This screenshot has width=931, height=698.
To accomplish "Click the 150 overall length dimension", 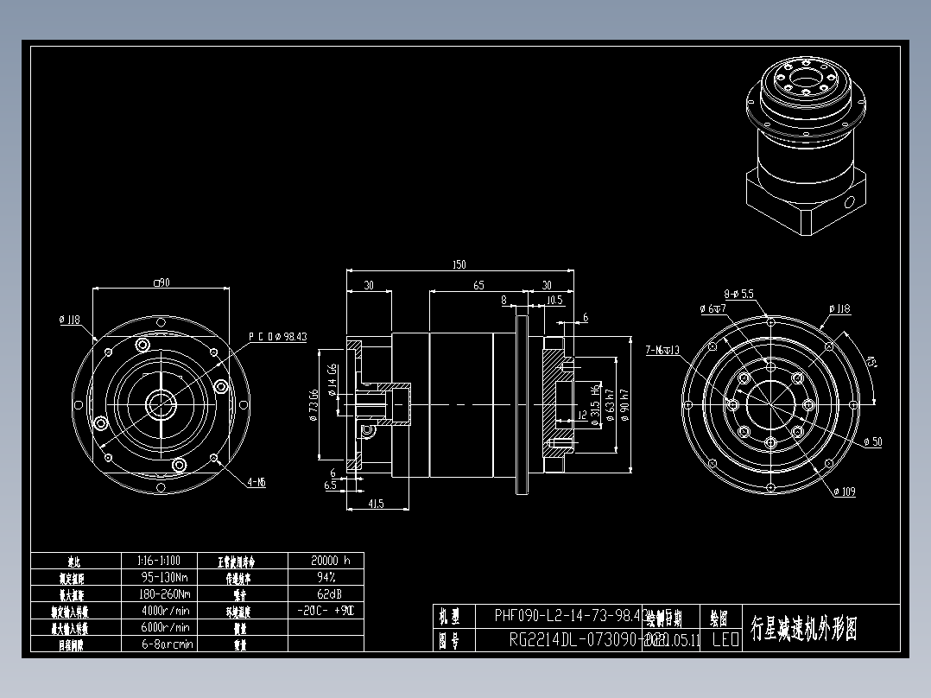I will coord(459,265).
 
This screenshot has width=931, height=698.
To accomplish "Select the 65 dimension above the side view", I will coord(478,285).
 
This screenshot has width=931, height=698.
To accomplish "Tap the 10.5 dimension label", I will coord(555,300).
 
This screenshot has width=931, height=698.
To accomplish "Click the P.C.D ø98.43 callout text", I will coord(278,337).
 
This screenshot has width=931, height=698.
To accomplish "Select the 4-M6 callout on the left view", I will coord(256,483).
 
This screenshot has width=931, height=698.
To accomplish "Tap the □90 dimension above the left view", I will coord(161,282).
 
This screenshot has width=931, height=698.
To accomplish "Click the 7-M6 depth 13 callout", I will coord(662,350).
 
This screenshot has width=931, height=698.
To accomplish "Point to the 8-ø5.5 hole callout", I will coord(739,294).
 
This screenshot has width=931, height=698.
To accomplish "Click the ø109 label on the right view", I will coord(845,492).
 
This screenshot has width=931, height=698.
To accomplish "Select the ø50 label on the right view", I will coord(872,442).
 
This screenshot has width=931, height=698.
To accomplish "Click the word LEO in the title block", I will coord(725,640).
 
